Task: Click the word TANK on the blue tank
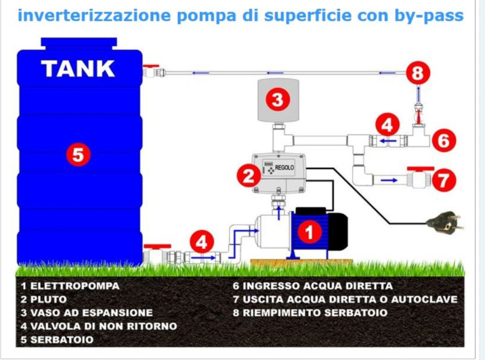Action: click(x=78, y=68)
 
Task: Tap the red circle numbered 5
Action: click(x=78, y=155)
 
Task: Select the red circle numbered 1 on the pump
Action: click(x=310, y=232)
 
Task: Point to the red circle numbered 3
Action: click(x=276, y=101)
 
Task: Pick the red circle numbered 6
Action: click(x=442, y=141)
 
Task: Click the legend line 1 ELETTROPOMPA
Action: click(x=70, y=286)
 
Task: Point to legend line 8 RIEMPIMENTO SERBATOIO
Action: click(x=310, y=313)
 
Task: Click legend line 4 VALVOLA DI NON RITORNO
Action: click(x=98, y=326)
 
